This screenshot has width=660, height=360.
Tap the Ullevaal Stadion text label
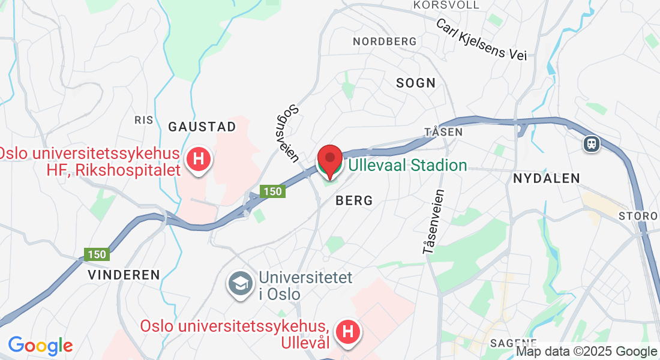407,165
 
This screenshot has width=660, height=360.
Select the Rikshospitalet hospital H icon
199,160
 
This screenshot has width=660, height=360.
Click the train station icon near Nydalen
591,143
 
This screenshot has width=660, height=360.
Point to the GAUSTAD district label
202,127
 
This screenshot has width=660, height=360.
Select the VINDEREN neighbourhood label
124,275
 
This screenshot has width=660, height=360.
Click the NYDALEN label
547,178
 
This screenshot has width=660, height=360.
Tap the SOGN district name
416,83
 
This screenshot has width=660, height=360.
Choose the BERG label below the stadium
355,200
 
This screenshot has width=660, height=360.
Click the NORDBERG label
385,41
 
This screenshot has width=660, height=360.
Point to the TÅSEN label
443,131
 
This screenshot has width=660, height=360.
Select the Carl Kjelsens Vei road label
481,40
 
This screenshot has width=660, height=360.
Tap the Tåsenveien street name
434,221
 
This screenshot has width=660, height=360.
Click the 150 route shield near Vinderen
96,254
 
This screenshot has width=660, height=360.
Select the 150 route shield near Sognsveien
272,191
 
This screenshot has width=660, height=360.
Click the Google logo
40,346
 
